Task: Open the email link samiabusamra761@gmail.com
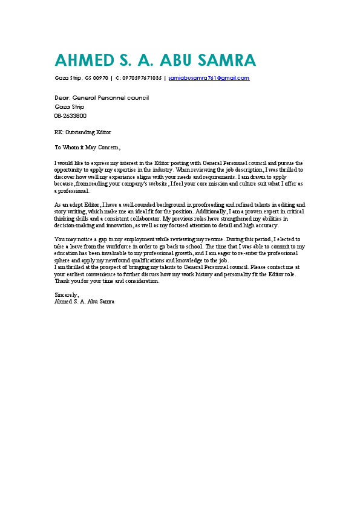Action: pyautogui.click(x=209, y=78)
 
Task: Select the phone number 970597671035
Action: pyautogui.click(x=142, y=78)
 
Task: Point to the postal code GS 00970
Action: pyautogui.click(x=97, y=78)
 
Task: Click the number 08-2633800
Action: pyautogui.click(x=70, y=115)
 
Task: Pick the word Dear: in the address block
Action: pyautogui.click(x=62, y=97)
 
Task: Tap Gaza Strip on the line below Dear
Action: pyautogui.click(x=70, y=106)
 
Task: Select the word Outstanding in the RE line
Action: pyautogui.click(x=79, y=132)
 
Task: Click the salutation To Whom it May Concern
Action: pyautogui.click(x=88, y=147)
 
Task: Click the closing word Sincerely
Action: pyautogui.click(x=67, y=294)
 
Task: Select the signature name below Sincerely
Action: pyautogui.click(x=85, y=300)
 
